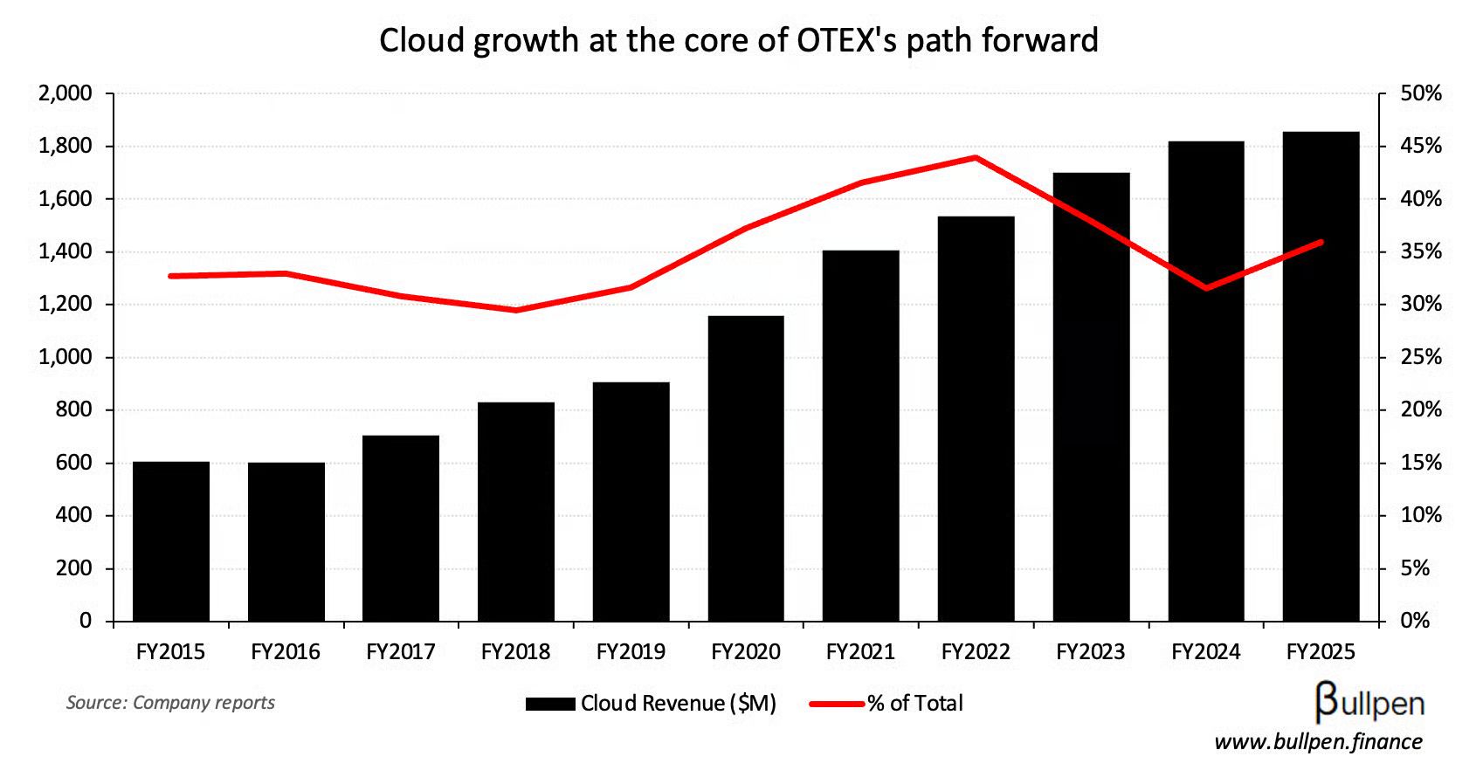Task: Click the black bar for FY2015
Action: (171, 541)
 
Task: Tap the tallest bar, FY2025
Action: (1321, 376)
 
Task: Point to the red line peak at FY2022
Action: (976, 158)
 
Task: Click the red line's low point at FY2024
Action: (1206, 287)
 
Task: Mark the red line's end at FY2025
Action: (1321, 242)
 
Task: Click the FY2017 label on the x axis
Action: (401, 652)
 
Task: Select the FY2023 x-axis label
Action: (1091, 652)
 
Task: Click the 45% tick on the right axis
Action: (1421, 146)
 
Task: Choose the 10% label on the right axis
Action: (1421, 515)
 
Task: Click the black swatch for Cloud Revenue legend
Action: (550, 704)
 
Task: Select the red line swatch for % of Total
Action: (836, 704)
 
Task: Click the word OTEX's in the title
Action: (846, 40)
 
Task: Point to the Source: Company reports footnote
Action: (170, 703)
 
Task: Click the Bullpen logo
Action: (1369, 702)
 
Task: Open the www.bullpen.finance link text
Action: (1318, 742)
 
